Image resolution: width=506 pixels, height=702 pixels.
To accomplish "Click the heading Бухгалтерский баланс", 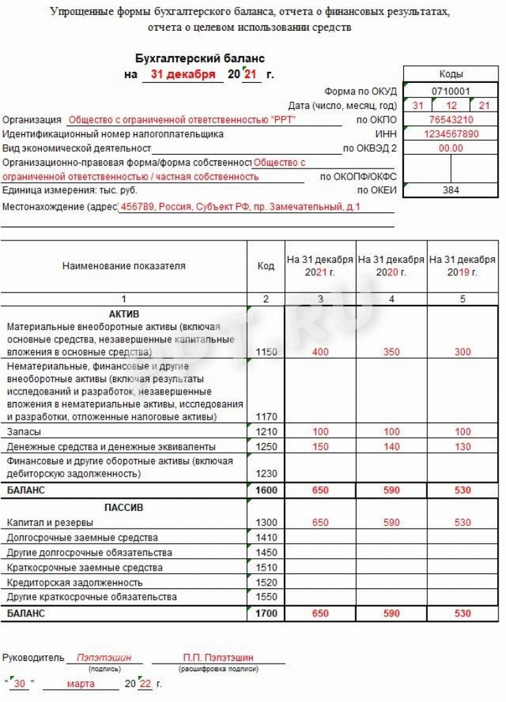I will tap(200, 59).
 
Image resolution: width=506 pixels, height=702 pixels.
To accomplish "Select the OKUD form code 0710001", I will tap(450, 90).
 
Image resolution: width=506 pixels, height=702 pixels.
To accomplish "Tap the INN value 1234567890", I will tap(450, 134).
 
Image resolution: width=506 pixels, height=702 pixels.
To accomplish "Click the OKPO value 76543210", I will tap(450, 120).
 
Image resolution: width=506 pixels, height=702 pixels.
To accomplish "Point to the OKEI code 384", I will tap(450, 190).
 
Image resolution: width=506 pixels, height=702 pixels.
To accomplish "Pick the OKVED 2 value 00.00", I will tap(450, 148).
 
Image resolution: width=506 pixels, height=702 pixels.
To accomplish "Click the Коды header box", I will tap(450, 74).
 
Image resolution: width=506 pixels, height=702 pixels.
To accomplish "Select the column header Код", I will tap(266, 266).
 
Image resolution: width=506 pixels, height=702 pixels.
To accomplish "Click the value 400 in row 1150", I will tap(320, 352).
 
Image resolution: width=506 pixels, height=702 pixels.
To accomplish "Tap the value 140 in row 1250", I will tap(391, 447).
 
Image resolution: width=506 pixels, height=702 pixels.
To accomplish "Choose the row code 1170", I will tap(266, 416).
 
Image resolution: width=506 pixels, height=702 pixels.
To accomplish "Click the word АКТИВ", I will tap(124, 313).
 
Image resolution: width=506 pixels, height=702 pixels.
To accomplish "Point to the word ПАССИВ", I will tap(124, 507).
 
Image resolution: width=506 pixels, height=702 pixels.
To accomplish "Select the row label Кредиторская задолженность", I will tap(75, 582).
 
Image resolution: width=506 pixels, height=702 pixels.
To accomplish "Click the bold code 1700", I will tap(266, 614).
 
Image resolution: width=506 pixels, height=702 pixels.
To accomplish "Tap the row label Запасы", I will tap(23, 432).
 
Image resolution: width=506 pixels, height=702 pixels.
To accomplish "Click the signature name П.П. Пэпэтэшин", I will tap(218, 657).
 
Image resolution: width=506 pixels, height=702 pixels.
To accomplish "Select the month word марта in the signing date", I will tap(82, 684).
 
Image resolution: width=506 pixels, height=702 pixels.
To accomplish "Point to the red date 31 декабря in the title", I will tap(182, 74).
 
